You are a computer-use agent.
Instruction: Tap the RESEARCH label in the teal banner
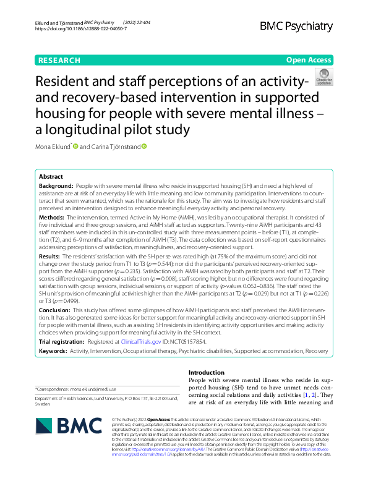pyautogui.click(x=59, y=60)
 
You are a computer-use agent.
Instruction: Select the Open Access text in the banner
pyautogui.click(x=309, y=60)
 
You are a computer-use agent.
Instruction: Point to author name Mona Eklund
pyautogui.click(x=54, y=147)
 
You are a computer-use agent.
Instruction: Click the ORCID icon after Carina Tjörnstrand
pyautogui.click(x=144, y=147)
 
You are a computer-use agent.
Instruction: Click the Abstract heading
pyautogui.click(x=51, y=176)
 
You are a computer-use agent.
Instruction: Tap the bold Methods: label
pyautogui.click(x=52, y=218)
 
